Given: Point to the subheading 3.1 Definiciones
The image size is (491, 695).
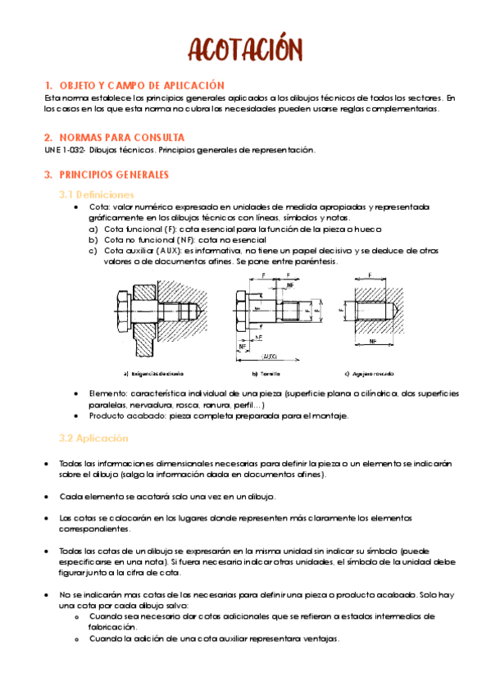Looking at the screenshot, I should point(96,195).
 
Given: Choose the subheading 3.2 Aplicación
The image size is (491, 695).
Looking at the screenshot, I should point(93,438).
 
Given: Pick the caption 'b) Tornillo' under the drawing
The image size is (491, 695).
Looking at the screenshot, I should point(266,373).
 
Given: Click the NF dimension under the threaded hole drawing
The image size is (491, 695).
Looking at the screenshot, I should point(371,339).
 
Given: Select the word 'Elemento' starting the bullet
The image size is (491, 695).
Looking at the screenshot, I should point(107,394).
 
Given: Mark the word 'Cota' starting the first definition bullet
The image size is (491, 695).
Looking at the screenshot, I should point(98,207).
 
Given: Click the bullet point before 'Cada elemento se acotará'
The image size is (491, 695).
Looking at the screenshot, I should point(48,497).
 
